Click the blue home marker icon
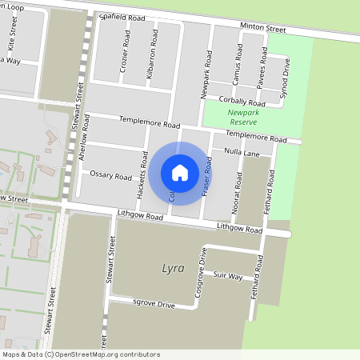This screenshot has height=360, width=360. click(x=180, y=172)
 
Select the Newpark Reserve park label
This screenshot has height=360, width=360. click(x=243, y=118)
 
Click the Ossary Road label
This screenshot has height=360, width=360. click(x=110, y=175)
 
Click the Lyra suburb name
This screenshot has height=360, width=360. click(x=174, y=267)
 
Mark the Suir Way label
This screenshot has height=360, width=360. click(x=228, y=275)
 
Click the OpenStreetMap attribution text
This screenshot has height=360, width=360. click(x=81, y=354)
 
